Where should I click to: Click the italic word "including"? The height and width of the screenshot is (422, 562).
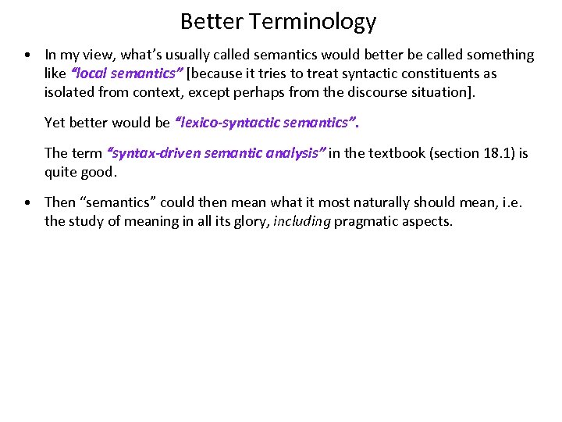click(x=302, y=221)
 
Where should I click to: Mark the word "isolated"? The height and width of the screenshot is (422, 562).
click(x=69, y=92)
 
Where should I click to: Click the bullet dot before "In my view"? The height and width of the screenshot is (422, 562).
click(x=27, y=55)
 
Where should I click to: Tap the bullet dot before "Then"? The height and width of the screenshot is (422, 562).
click(x=27, y=203)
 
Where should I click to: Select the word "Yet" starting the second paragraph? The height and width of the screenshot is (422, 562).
click(x=55, y=122)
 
